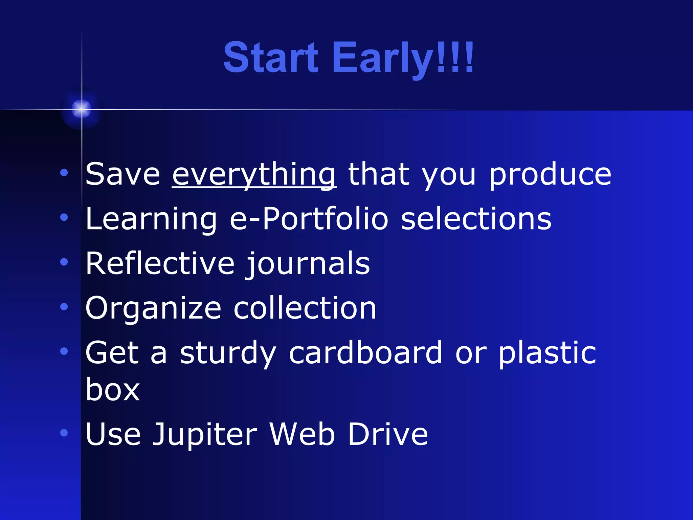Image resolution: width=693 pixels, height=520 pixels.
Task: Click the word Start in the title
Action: pos(271,58)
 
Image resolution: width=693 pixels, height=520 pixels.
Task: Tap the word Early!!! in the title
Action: pos(403,58)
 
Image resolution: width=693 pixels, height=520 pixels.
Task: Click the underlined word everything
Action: pos(254,174)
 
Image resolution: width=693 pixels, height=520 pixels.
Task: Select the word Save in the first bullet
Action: pos(122,174)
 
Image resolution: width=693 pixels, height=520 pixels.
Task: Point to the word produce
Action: pos(550,174)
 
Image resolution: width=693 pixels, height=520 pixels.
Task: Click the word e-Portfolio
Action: pos(309,219)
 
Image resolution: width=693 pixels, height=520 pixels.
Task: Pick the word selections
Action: pos(476,219)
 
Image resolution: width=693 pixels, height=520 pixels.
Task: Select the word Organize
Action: pos(153,308)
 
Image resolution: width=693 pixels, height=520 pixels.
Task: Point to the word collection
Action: pos(305,308)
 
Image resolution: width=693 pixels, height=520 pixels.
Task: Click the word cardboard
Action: pos(365,353)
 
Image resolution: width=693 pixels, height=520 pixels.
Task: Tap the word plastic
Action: pos(547,353)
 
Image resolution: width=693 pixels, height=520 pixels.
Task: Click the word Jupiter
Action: pos(205,434)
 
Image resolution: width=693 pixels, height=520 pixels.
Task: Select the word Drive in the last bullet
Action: pos(388,434)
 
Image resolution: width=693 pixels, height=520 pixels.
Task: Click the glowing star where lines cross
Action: pos(81,109)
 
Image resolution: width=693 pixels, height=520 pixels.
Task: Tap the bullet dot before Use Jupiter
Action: pos(64,433)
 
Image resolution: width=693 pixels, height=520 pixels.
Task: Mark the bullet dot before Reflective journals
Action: pos(64,262)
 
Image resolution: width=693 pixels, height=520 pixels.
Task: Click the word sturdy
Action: pos(228,353)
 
